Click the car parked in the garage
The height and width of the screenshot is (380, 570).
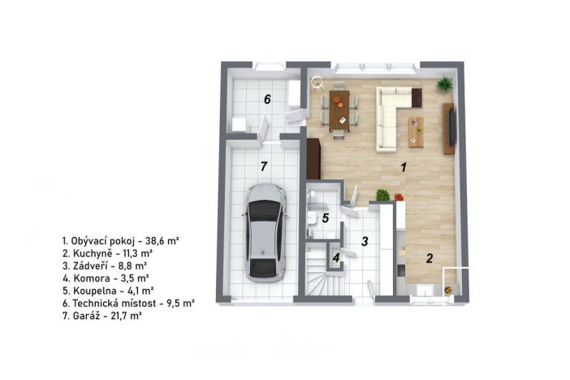click(x=265, y=231)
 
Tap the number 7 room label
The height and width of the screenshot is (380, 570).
click(x=263, y=166)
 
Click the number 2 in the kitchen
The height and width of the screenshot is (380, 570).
click(x=430, y=258)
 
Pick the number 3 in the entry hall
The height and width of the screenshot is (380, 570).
click(x=365, y=241)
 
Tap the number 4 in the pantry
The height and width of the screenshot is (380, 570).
click(x=335, y=260)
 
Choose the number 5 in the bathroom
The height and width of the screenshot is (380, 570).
click(x=325, y=218)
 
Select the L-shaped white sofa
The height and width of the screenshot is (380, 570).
click(x=393, y=118)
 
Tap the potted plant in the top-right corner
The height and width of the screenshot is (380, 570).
click(x=444, y=84)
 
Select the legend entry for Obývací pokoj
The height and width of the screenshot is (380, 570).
click(x=120, y=241)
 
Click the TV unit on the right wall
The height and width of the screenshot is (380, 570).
click(x=448, y=128)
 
